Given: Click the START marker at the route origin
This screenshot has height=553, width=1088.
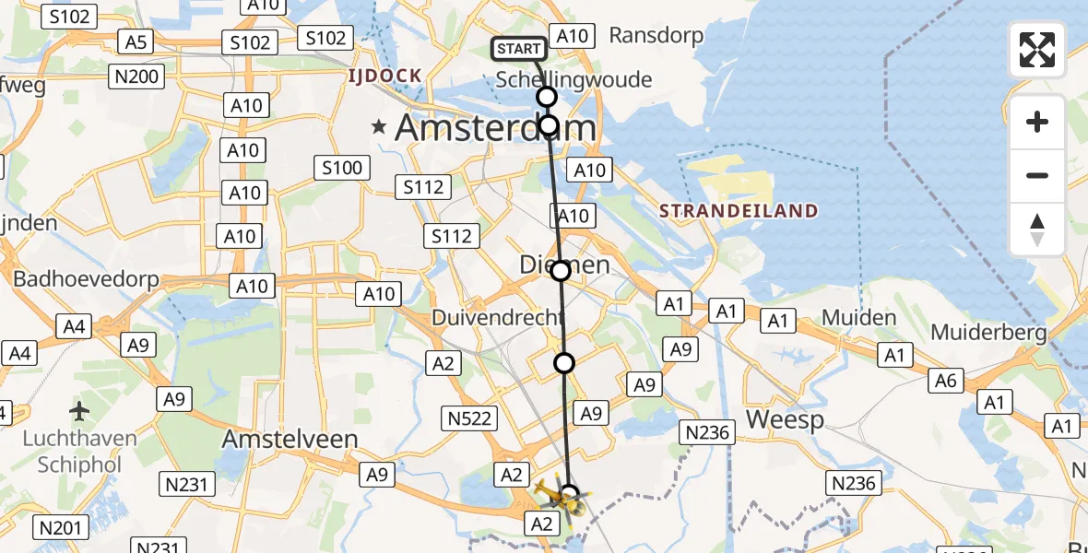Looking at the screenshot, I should [x=519, y=49].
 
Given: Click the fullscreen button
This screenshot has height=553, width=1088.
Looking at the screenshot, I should [x=1037, y=50].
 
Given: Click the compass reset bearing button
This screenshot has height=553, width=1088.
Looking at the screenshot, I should [x=1037, y=229].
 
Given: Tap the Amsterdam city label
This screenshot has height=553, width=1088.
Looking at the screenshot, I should [x=495, y=128].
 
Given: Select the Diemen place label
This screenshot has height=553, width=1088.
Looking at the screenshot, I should [x=564, y=265].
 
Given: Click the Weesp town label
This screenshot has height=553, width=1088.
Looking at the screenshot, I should [x=784, y=419].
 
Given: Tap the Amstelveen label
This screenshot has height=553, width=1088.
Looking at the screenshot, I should [x=290, y=440].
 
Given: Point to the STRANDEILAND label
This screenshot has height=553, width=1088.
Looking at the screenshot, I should [x=738, y=211].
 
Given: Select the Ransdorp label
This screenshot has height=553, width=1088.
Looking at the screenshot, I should [x=656, y=36].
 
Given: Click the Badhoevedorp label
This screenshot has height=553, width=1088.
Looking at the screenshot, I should [x=86, y=279].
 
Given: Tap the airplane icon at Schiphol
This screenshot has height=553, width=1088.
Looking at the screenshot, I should [x=79, y=409].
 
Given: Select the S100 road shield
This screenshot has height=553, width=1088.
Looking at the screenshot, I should [x=342, y=168].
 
